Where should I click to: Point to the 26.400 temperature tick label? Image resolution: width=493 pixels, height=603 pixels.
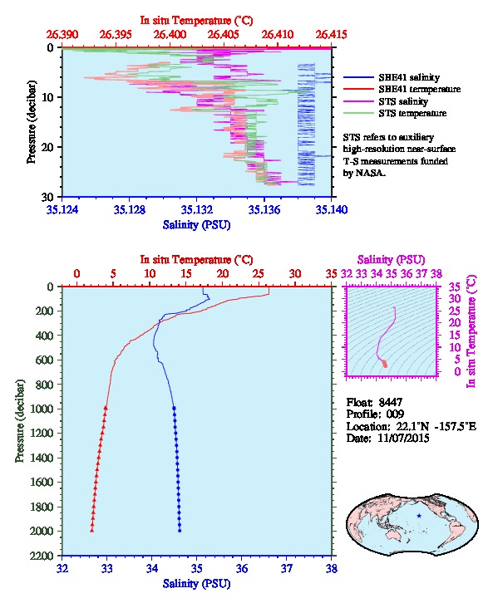170,35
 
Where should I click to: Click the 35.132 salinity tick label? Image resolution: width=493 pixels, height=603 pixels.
197,209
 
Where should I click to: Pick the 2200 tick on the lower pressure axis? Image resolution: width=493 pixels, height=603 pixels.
42,556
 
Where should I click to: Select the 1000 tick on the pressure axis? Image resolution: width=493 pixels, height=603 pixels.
42,409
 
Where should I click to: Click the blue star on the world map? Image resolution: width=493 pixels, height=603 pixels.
419,516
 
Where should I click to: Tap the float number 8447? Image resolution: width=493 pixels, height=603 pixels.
390,402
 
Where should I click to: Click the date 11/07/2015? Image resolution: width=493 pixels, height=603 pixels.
403,438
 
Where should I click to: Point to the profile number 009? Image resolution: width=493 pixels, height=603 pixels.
395,414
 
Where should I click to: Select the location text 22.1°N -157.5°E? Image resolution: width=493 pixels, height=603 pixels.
436,426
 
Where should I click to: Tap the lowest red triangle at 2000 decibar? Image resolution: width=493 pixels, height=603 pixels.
92,530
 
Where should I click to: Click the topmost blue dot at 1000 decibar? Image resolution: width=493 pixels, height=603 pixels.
174,409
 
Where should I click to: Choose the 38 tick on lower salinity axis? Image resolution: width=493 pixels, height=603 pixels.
331,568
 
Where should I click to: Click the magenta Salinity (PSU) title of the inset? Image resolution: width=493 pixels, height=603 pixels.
391,260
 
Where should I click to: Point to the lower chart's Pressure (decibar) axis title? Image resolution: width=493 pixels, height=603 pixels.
20,421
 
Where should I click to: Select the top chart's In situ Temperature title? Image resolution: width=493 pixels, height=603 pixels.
196,21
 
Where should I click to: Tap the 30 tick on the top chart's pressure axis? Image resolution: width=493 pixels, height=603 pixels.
48,197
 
